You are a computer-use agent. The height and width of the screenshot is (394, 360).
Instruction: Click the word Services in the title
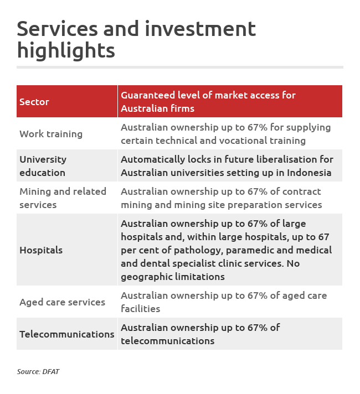[x=58, y=29]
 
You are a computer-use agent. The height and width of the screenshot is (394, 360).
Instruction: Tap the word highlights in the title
[x=66, y=50]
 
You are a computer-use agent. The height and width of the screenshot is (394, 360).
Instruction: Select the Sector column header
[x=34, y=102]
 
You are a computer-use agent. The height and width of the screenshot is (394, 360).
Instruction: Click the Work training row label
[x=51, y=134]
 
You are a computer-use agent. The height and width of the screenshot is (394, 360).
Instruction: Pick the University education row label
[x=43, y=166]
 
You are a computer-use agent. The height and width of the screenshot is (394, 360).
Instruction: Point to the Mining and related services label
[x=63, y=198]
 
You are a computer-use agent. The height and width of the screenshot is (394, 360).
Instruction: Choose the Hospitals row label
[x=41, y=250]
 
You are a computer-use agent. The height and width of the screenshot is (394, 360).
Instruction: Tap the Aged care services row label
[x=63, y=302]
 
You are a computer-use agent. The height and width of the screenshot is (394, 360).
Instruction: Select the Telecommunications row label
[x=67, y=334]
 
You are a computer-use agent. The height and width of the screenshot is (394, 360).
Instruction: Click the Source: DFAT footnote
[x=38, y=372]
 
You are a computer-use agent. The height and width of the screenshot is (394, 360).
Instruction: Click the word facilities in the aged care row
[x=141, y=309]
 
